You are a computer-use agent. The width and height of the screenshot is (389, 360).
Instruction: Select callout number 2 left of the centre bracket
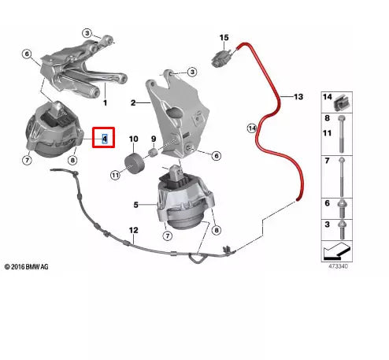pyautogui.click(x=134, y=102)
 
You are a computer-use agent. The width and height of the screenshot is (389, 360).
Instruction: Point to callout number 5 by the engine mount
pyautogui.click(x=135, y=205)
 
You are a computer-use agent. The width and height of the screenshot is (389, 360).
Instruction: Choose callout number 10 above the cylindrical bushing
pyautogui.click(x=133, y=138)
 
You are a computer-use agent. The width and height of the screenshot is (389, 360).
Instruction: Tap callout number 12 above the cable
pyautogui.click(x=133, y=231)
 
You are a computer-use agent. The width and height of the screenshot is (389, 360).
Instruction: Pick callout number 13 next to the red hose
pyautogui.click(x=298, y=97)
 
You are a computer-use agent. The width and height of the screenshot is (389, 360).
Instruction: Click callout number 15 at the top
pyautogui.click(x=224, y=37)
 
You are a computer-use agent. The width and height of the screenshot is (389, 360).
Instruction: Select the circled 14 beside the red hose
pyautogui.click(x=252, y=128)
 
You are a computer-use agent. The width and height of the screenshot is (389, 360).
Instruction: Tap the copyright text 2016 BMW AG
pyautogui.click(x=28, y=268)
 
